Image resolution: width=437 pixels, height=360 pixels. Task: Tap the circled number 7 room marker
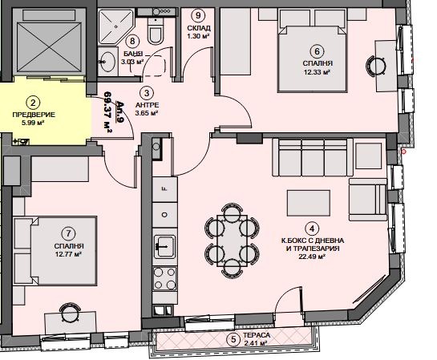69,233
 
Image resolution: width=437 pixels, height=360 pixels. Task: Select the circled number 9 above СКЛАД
198,15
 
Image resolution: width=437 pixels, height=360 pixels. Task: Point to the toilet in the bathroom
155,31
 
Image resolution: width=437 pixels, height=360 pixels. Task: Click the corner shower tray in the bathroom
115,26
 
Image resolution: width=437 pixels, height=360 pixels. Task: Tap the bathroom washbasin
107,62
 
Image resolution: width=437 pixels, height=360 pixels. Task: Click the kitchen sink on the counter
164,246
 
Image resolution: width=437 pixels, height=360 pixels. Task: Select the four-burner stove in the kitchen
164,278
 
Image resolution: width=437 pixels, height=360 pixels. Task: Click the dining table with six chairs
232,241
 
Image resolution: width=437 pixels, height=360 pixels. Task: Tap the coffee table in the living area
309,203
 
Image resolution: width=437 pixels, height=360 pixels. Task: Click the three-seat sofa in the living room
310,157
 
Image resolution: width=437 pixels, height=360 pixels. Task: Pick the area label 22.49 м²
312,257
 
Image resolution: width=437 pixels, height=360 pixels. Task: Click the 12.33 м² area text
318,72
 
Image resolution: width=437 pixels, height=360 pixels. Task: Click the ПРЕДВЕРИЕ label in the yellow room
34,115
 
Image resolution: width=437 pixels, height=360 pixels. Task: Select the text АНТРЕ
148,105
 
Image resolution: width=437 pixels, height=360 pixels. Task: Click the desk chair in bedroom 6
375,67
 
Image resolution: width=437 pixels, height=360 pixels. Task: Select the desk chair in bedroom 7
71,313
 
